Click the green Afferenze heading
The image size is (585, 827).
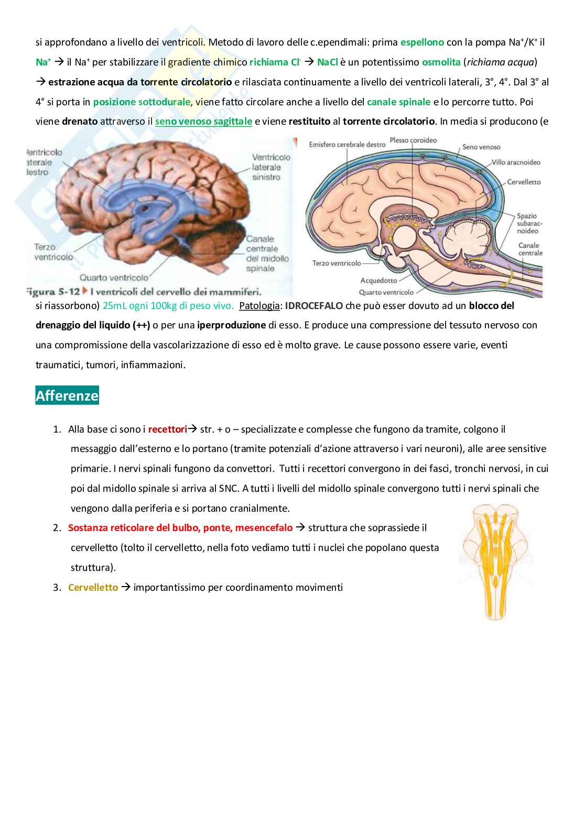[67, 395]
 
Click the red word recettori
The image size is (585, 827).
[167, 429]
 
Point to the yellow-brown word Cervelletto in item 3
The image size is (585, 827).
[93, 587]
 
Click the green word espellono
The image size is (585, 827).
[422, 42]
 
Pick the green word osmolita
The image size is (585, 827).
[441, 62]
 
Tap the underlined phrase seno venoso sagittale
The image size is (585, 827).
[203, 122]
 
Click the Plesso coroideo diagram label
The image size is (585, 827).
[413, 140]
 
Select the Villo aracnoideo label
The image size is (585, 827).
[516, 162]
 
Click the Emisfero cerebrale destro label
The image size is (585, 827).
[347, 144]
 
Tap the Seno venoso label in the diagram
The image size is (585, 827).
[481, 148]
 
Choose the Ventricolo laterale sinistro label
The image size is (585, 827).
[266, 167]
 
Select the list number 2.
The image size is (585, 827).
[57, 528]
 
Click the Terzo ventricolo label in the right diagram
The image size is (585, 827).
[337, 263]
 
